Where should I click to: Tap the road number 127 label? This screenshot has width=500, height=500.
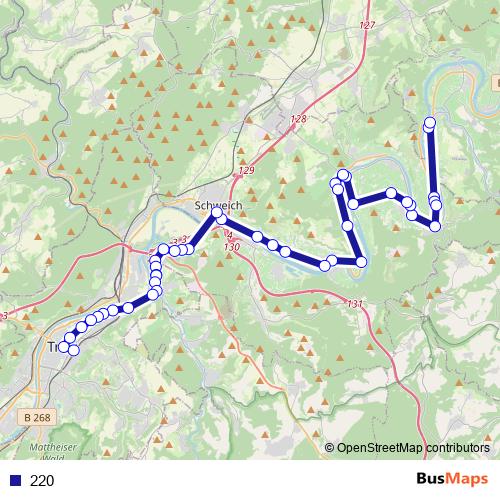366,24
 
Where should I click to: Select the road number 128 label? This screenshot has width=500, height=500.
297,119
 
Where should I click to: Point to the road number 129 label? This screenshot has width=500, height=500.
247,172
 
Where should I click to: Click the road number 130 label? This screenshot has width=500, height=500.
232,246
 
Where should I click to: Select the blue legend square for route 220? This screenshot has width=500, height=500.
14,480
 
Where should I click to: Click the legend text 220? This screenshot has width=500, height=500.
42,480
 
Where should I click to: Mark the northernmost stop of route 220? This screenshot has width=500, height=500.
430,124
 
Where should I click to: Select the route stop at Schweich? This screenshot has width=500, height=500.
217,213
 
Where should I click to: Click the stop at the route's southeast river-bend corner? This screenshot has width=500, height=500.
361,262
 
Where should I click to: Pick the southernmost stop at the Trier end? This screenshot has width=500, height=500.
73,349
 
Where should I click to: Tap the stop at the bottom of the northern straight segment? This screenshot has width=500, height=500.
435,226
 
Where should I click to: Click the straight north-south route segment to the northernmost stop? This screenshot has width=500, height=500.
432,165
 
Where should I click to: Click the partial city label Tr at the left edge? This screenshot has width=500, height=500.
54,346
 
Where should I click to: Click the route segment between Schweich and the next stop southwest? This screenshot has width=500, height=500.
204,232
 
